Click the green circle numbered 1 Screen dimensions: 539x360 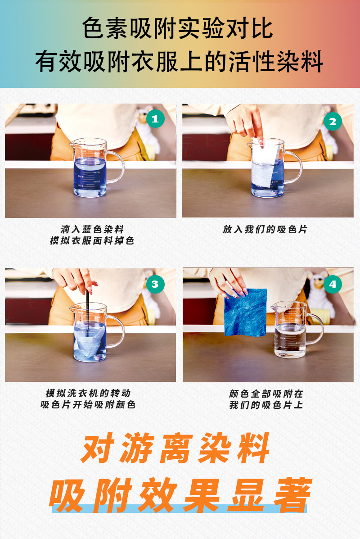click(155, 119)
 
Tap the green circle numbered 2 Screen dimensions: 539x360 click(333, 121)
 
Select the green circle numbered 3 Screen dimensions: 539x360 click(155, 284)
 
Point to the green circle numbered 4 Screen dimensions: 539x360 click(333, 284)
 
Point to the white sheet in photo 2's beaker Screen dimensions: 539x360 click(262, 169)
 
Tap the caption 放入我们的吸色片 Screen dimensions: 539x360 click(265, 229)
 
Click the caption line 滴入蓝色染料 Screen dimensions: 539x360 click(92, 229)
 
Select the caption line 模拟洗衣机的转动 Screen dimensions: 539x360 click(88, 393)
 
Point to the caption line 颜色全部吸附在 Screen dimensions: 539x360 click(266, 393)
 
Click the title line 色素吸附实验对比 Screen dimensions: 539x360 click(178, 29)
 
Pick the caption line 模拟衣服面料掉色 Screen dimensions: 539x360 click(92, 241)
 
